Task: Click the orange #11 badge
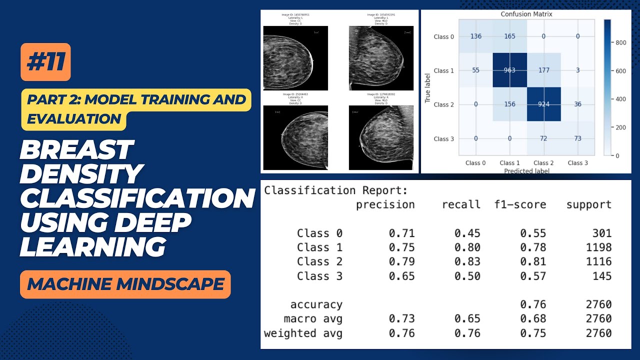pos(45,62)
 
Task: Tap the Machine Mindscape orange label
pos(125,284)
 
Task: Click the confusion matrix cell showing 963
pos(509,70)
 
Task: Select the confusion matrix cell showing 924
pos(543,104)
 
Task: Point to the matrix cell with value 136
pos(475,36)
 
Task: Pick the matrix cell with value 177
pos(543,70)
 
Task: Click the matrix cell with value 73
pos(577,138)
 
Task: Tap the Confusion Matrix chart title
pos(526,14)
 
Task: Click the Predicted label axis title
pos(526,170)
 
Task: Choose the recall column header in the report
pos(461,204)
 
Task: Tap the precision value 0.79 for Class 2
pos(401,261)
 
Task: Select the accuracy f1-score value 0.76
pos(533,304)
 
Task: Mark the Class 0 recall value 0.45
pos(467,233)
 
